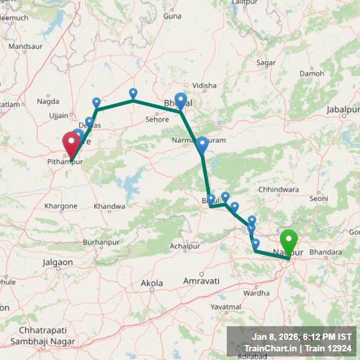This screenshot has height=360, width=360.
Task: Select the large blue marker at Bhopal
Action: click(181, 101)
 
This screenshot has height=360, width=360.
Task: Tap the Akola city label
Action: click(152, 283)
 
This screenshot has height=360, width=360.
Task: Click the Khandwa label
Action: click(109, 206)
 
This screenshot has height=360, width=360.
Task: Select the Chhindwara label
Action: click(279, 189)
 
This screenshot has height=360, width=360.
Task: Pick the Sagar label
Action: click(266, 62)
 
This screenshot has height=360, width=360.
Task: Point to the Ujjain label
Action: click(59, 116)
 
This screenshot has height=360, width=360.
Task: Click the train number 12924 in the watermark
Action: click(338, 348)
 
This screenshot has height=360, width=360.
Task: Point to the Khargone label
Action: click(60, 206)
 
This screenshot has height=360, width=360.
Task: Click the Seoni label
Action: click(319, 198)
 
